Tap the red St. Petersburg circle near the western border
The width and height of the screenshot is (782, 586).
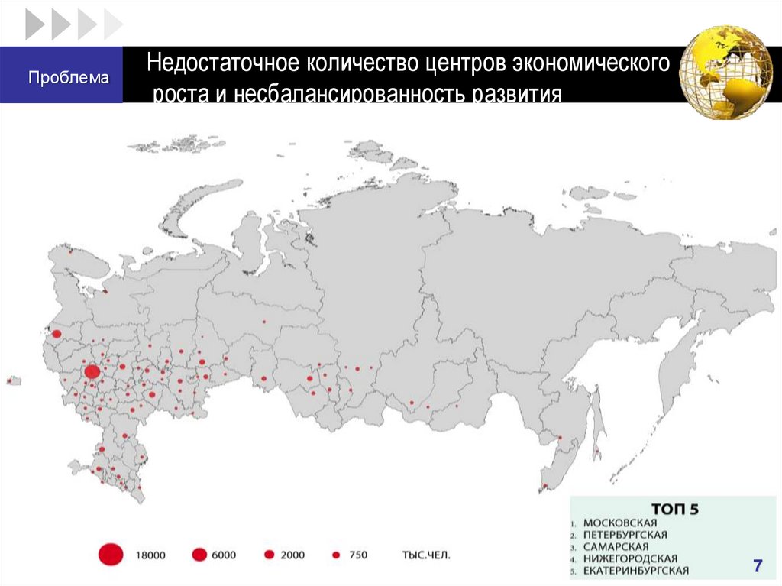[55, 333]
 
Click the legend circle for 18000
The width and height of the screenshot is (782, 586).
[111, 555]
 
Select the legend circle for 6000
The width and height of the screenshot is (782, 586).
[200, 555]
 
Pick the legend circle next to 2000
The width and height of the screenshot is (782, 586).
[269, 555]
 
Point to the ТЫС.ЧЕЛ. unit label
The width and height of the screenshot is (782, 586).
[425, 555]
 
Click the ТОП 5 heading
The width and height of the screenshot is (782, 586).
[674, 507]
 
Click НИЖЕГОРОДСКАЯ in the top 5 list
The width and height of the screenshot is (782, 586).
[630, 558]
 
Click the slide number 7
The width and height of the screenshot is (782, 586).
[758, 566]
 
